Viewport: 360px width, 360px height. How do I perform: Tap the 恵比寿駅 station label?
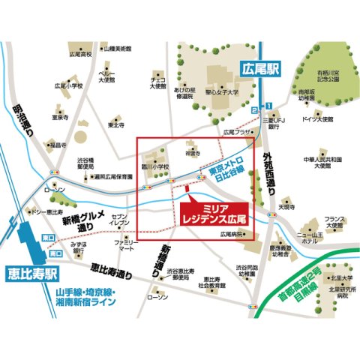[x=28, y=269]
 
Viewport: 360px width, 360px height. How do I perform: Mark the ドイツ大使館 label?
[x=317, y=119]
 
